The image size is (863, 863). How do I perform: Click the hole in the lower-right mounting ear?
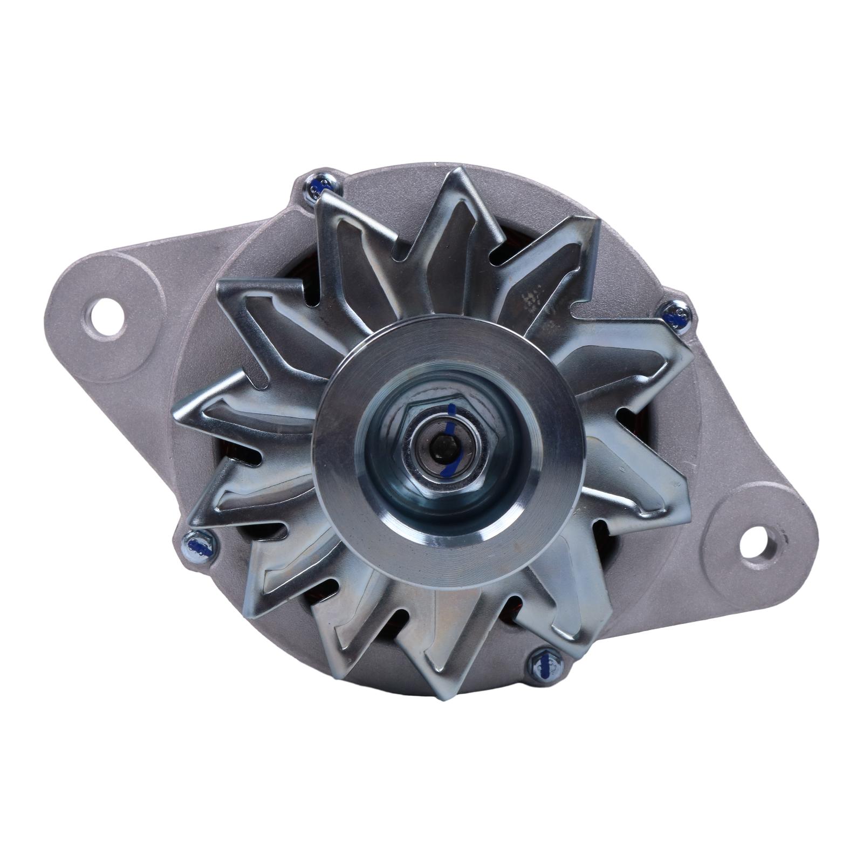(757, 545)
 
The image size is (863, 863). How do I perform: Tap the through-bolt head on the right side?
(676, 315)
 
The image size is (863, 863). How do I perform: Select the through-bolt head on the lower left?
(198, 547)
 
